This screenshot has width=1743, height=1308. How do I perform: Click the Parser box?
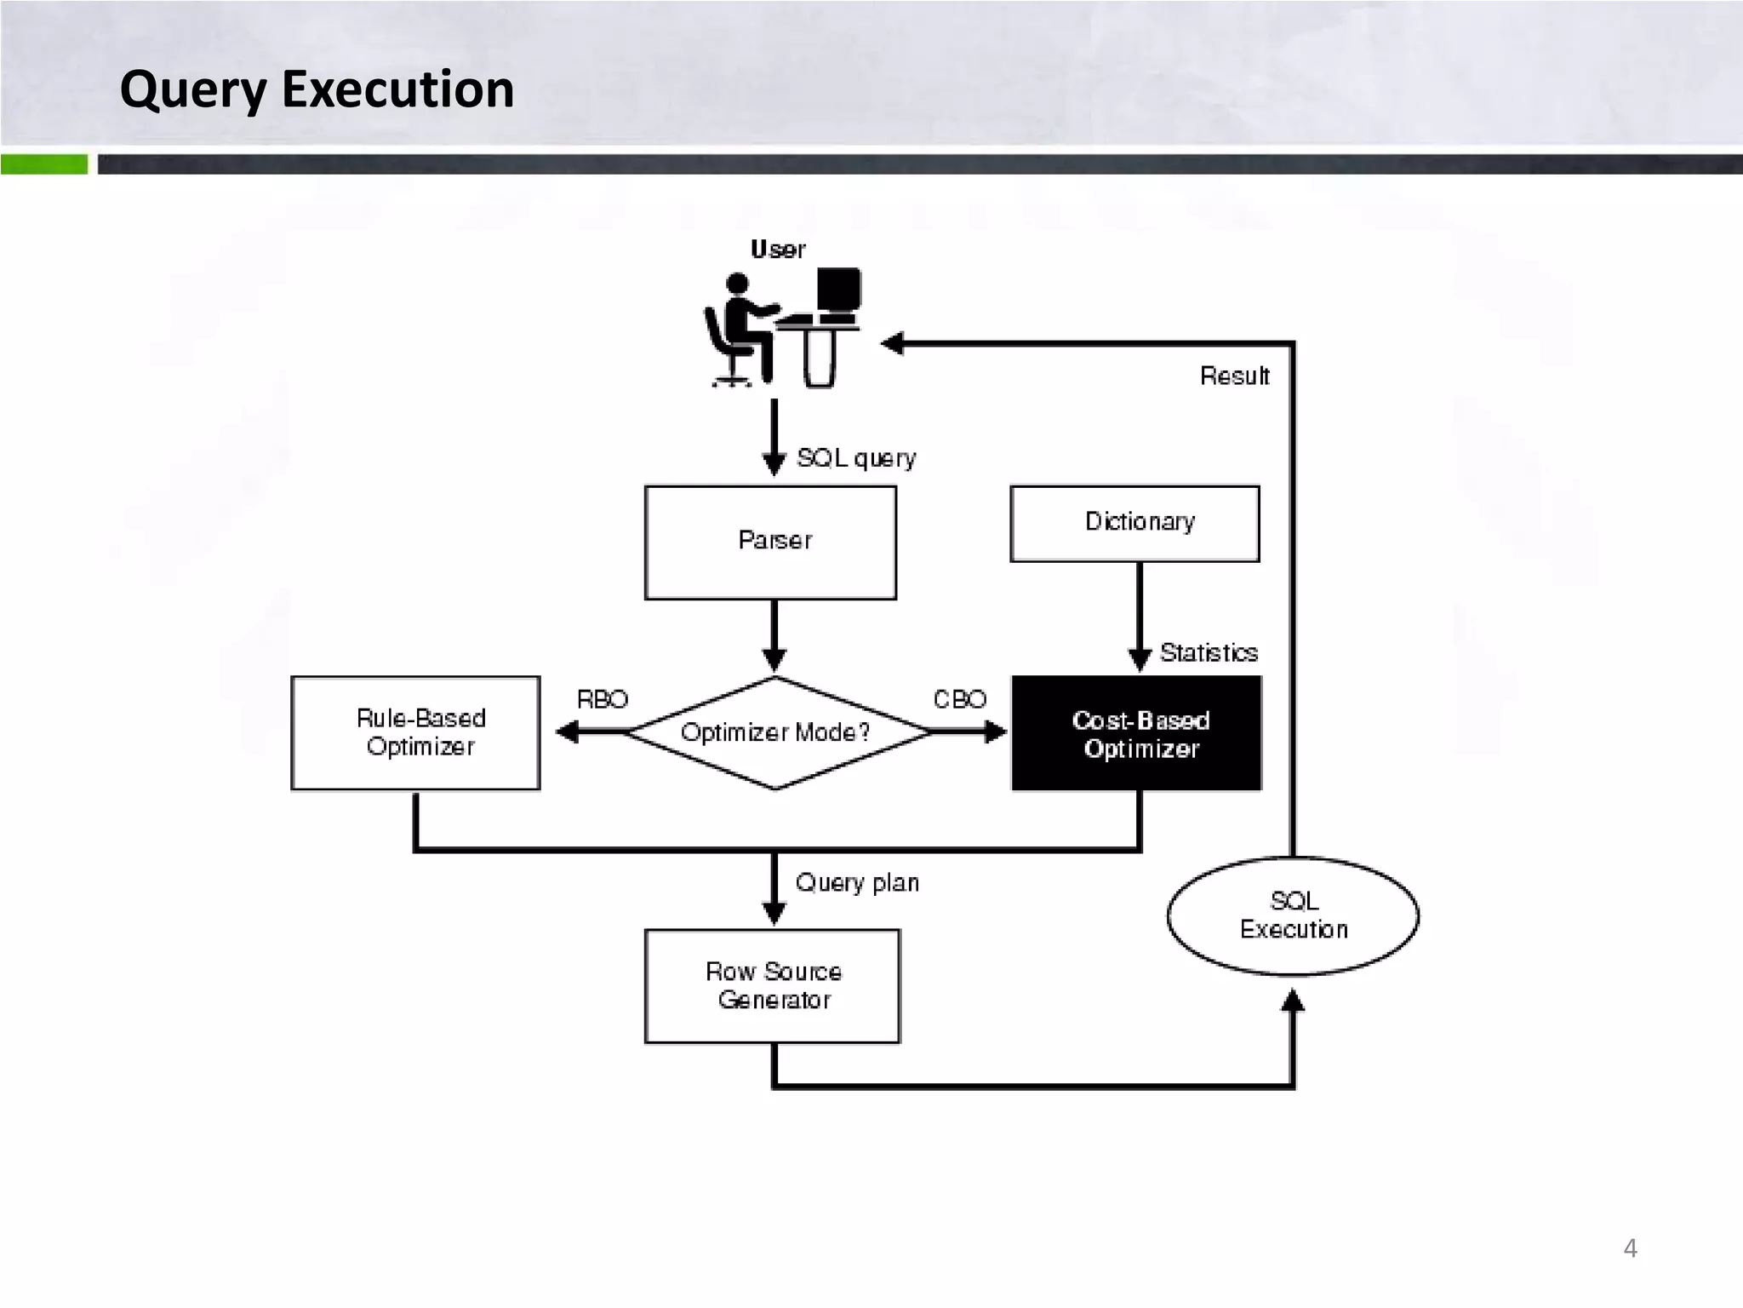point(770,542)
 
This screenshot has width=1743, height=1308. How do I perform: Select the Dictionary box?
point(1134,523)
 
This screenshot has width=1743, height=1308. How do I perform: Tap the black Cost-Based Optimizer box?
point(1136,733)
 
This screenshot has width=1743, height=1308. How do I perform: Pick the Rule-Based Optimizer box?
point(415,733)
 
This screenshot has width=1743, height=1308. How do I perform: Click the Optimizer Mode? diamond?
point(775,732)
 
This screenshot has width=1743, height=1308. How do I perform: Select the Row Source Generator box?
point(772,986)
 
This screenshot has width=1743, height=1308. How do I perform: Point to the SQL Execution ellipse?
point(1293,915)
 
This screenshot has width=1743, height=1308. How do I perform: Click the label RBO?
point(602,699)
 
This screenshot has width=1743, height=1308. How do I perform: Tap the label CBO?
point(959,699)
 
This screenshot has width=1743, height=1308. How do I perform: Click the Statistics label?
point(1209,653)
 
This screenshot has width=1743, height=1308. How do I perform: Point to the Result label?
point(1234,376)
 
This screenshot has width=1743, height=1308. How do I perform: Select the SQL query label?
point(856,458)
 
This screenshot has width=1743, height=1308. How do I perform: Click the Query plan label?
point(857,882)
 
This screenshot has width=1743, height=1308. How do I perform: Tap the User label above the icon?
point(778,250)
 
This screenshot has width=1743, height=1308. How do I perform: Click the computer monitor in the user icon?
point(838,290)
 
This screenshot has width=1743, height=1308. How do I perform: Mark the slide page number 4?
point(1630,1248)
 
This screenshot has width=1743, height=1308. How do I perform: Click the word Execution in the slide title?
point(397,89)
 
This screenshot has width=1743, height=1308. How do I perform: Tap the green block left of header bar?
point(44,164)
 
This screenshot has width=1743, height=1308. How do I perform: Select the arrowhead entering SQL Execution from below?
point(1293,1001)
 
